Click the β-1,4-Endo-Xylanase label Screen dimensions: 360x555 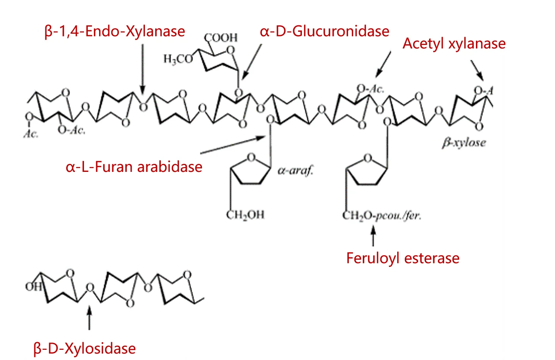tap(115, 31)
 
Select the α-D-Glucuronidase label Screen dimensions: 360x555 tap(324, 31)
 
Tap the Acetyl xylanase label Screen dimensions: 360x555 tap(454, 44)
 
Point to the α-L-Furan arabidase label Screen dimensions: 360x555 tap(134, 167)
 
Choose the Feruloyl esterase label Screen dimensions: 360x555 tap(403, 258)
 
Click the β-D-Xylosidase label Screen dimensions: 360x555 tap(84, 349)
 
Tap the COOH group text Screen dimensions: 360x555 tap(221, 37)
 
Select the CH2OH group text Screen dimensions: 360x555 tap(245, 215)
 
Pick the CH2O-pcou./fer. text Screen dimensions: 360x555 tap(381, 216)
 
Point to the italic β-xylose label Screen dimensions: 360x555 tap(464, 143)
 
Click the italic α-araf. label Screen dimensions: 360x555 tap(295, 171)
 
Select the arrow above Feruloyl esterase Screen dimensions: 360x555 tap(373, 235)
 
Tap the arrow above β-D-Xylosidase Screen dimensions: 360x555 tap(89, 318)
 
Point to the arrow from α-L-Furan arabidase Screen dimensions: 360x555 tap(233, 145)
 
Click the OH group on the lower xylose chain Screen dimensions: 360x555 tap(33, 287)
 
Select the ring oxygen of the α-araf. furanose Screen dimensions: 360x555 tap(251, 157)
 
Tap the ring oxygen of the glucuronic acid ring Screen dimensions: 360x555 tap(230, 50)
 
